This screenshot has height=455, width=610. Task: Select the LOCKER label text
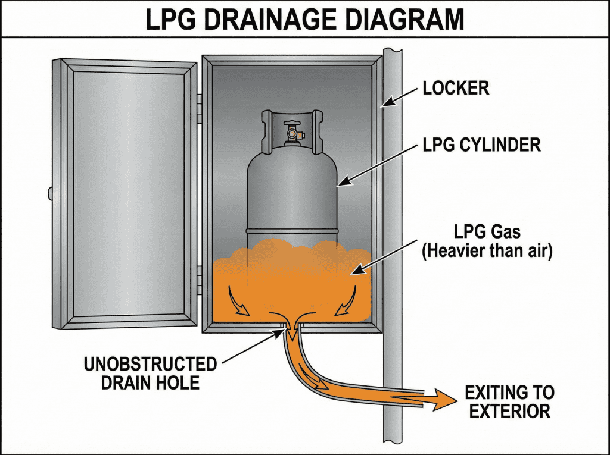pos(456,89)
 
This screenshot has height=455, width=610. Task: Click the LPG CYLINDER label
pos(481,145)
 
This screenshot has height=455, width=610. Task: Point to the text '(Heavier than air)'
pos(487,250)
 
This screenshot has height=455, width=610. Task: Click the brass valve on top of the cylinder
pos(291,132)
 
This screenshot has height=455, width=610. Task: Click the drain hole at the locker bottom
pos(291,325)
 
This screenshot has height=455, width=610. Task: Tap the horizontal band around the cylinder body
pos(292,231)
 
